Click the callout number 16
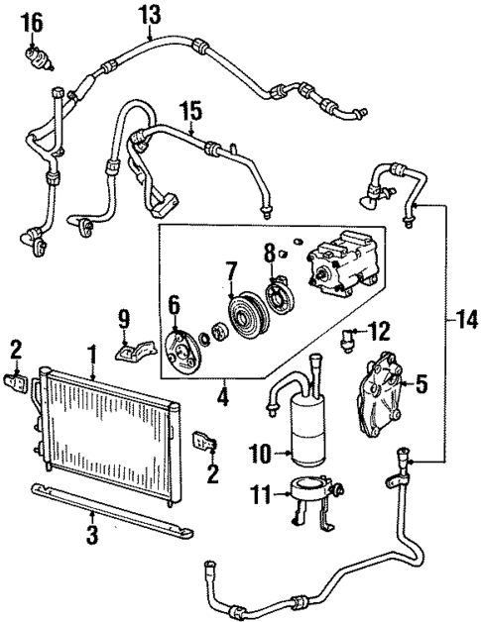click(x=32, y=21)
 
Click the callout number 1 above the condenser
click(x=91, y=352)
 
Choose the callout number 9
click(x=124, y=318)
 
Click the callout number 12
click(x=382, y=329)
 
